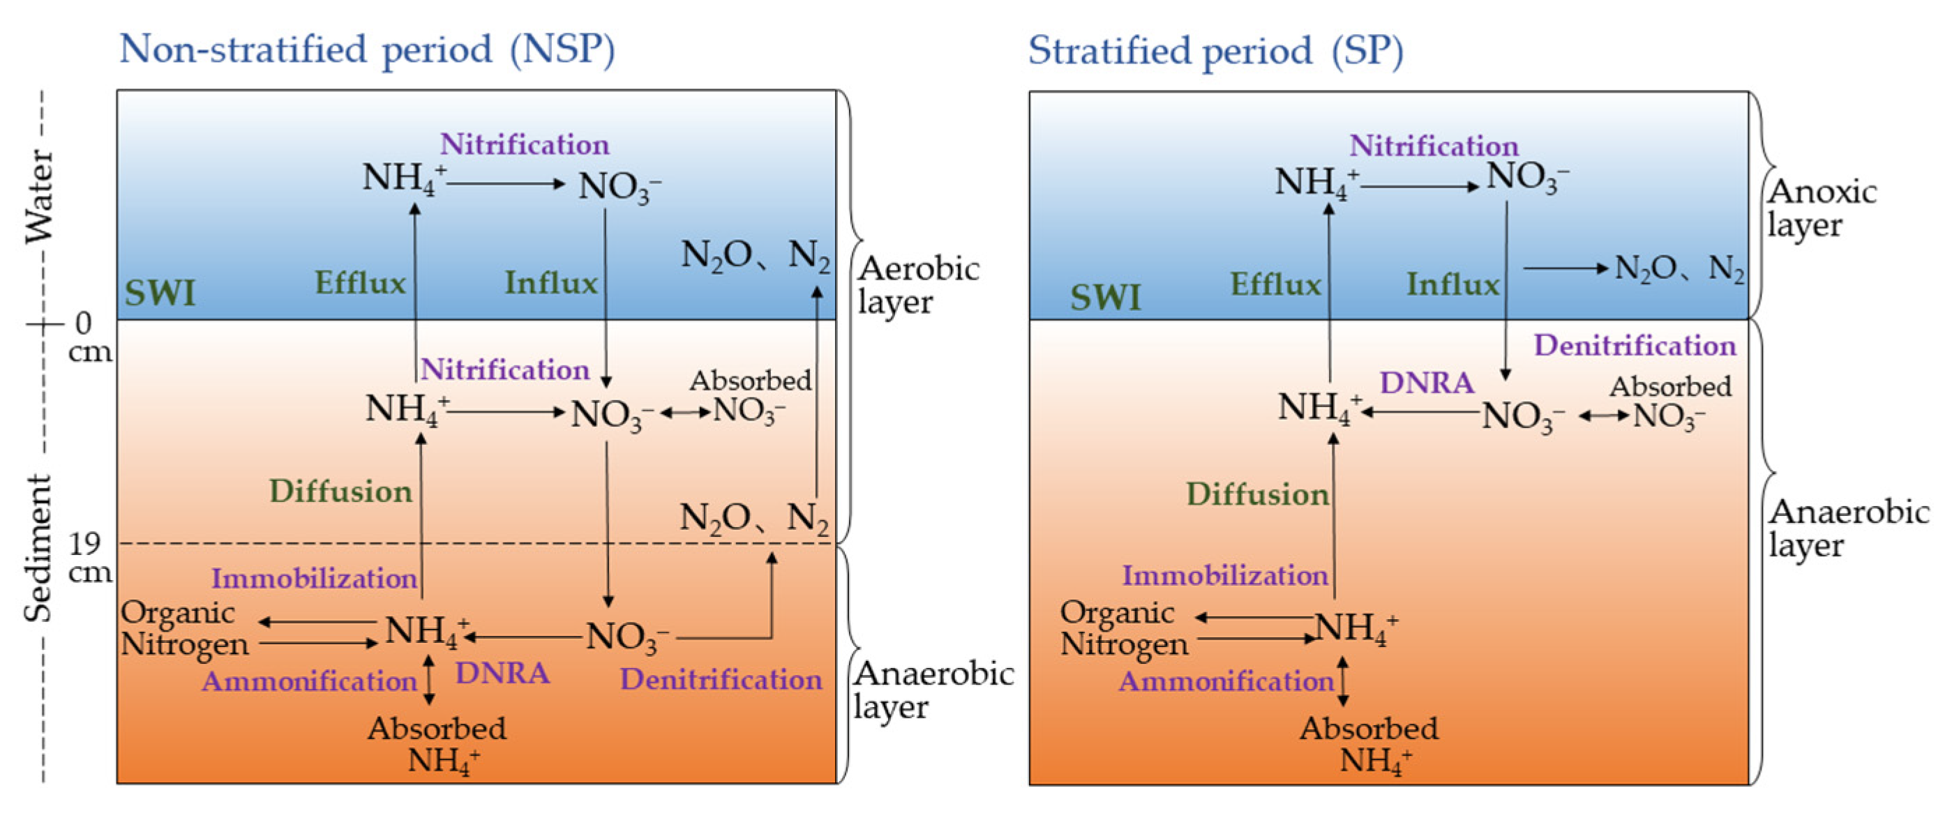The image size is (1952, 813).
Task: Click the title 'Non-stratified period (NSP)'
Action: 368,50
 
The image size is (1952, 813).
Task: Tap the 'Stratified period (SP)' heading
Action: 1215,52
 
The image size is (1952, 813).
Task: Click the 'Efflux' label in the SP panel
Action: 1276,284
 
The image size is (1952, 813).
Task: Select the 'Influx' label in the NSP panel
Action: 552,282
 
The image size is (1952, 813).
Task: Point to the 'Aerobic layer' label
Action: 918,285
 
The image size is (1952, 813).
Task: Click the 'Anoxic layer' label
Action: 1822,208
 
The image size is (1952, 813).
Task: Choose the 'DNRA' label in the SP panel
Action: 1427,383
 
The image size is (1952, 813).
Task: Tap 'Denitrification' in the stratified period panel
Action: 1635,346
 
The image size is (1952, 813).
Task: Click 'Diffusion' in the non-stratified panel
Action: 341,492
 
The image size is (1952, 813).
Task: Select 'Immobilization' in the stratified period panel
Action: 1225,576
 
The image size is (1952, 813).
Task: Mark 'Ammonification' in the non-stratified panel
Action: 309,681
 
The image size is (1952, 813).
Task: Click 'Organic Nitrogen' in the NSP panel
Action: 185,629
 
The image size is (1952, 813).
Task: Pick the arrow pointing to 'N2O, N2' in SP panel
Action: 1566,268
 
